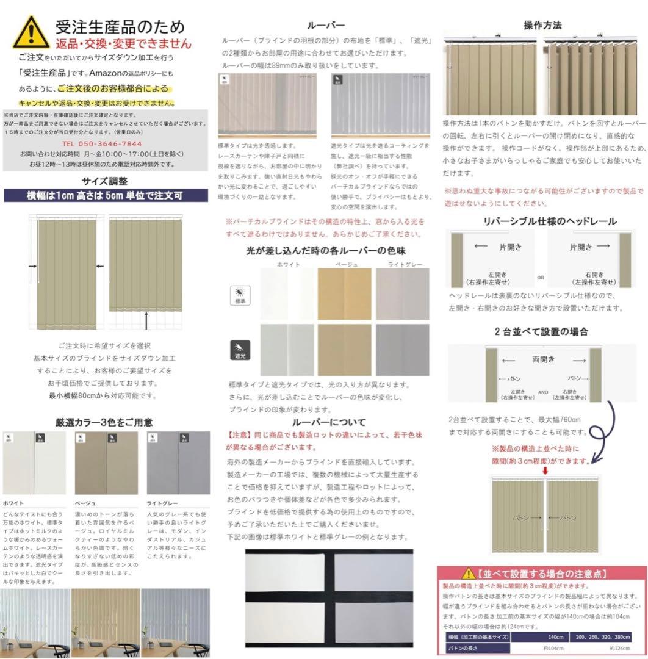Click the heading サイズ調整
click(x=105, y=181)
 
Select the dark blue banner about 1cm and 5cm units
click(x=105, y=196)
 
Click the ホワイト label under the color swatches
click(x=13, y=503)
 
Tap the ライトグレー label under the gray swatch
click(x=162, y=503)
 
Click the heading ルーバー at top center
click(x=326, y=26)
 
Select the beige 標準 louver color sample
click(x=344, y=294)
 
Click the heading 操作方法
click(x=542, y=26)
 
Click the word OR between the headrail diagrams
click(x=541, y=278)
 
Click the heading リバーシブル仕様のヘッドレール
click(x=550, y=221)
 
